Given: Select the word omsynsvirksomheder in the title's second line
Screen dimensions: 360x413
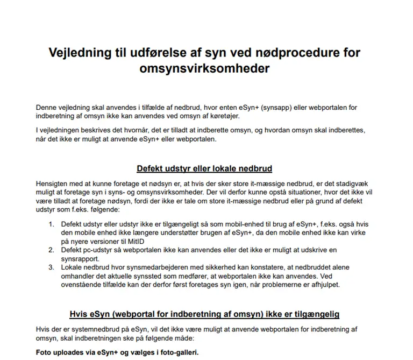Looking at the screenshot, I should pos(204,69).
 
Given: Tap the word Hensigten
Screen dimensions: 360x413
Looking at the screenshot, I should pos(53,183).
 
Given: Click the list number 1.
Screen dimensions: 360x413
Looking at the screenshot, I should pos(51,223).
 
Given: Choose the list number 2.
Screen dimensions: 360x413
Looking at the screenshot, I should pos(51,250).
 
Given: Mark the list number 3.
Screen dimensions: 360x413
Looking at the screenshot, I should pos(51,267).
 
